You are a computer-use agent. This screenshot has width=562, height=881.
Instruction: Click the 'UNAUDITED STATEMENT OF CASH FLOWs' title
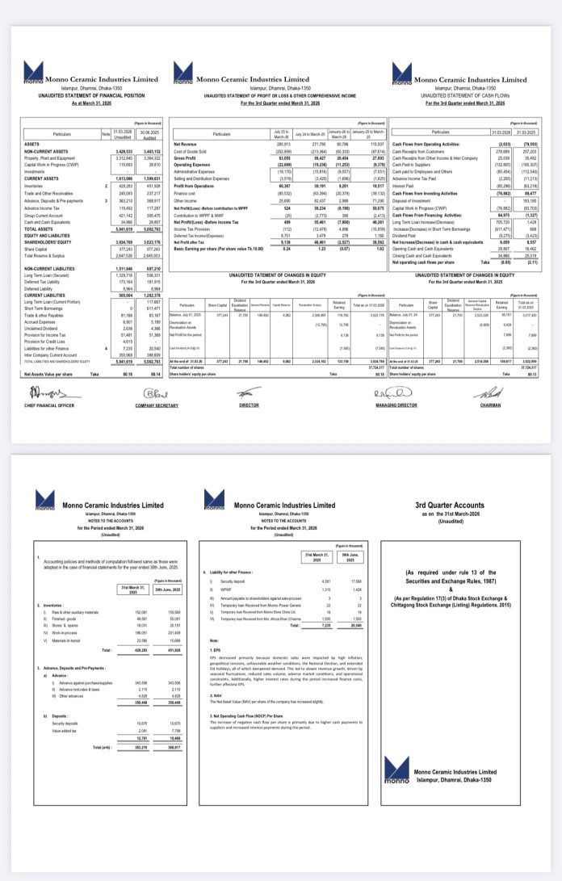click(458, 94)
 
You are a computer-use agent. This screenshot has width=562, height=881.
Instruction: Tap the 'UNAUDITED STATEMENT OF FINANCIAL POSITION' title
click(86, 96)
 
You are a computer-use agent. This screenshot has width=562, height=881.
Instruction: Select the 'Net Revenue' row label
click(186, 144)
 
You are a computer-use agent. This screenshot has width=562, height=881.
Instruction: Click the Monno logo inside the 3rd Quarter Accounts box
click(398, 770)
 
